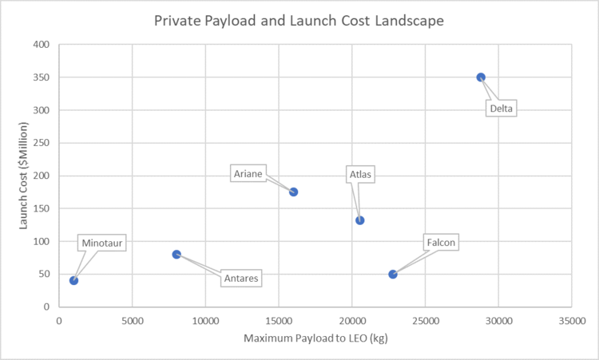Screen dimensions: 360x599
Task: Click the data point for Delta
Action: [481, 77]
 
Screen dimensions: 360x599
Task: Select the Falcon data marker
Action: [393, 274]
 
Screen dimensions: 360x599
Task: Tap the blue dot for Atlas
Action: [360, 220]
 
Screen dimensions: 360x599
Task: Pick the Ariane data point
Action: [293, 192]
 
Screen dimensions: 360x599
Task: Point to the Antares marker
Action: [177, 254]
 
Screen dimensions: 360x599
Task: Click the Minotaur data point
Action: [73, 280]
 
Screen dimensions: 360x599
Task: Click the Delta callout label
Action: [502, 108]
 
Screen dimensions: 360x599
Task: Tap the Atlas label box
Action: [361, 174]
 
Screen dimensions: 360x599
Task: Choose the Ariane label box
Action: [248, 173]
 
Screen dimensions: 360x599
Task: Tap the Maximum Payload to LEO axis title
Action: [314, 338]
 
